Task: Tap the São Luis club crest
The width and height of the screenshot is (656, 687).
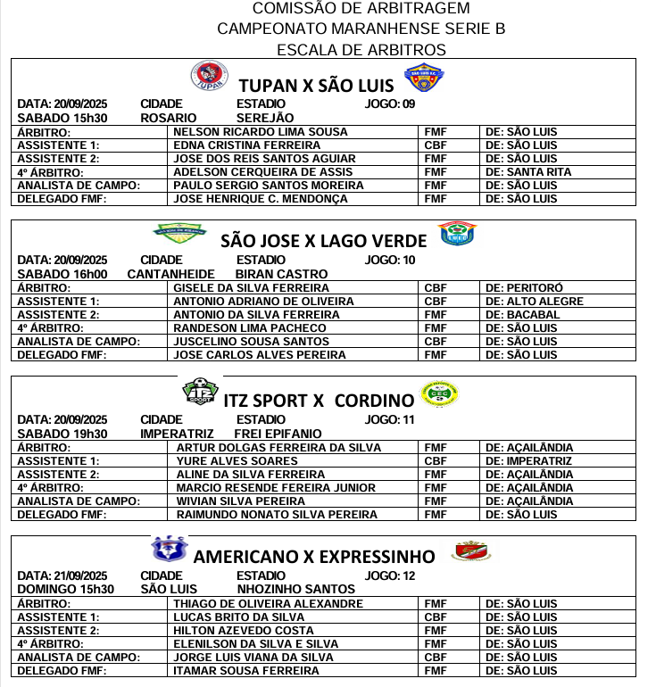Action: pos(423,78)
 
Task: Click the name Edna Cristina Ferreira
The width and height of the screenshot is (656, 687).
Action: pos(235,145)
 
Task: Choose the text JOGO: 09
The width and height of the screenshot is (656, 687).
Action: pos(391,104)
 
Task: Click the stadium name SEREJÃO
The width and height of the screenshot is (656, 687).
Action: pos(265,118)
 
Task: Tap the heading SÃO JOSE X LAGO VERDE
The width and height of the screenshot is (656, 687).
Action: pos(319,239)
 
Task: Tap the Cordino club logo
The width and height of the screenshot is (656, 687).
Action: pos(438,393)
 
